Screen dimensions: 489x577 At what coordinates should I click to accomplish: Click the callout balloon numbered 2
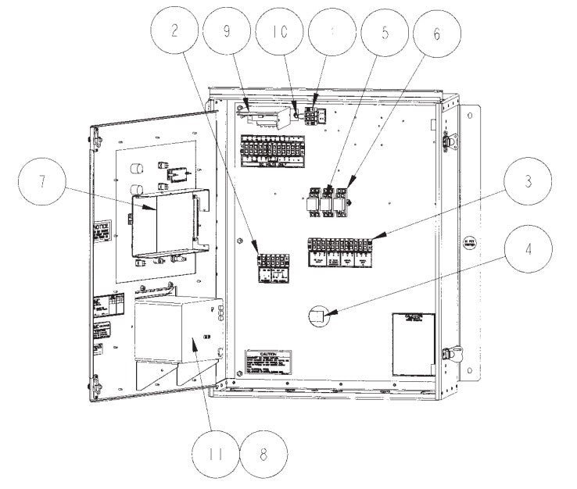click(x=174, y=32)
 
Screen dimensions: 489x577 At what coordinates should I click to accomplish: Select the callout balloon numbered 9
click(x=225, y=32)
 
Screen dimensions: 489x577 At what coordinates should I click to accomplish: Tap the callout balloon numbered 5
click(x=385, y=32)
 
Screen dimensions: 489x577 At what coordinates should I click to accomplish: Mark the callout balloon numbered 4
click(x=529, y=251)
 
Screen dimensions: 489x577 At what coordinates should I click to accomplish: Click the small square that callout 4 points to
click(x=317, y=316)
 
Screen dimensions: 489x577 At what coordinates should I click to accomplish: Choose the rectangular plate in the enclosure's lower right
click(x=412, y=342)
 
